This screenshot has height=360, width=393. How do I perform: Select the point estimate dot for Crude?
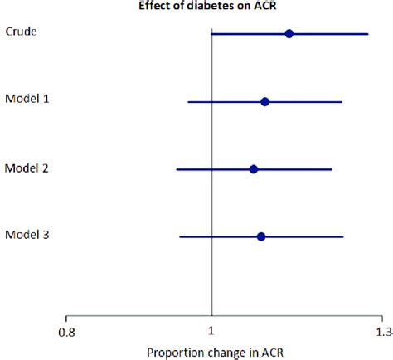pos(289,34)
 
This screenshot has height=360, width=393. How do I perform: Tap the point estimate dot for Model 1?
pos(264,102)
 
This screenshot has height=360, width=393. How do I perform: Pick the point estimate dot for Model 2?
pos(254,169)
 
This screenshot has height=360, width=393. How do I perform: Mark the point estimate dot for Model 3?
pos(261,236)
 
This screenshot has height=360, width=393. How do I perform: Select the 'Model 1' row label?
pos(27,99)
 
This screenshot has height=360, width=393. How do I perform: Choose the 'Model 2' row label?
pos(27,168)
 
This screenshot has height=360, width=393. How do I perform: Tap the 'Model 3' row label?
pos(27,235)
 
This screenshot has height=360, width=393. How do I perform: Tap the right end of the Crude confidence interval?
pos(368,34)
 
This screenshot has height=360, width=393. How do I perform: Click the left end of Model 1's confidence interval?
pos(188,102)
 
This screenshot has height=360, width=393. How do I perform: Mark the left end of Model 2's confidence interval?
pos(177,169)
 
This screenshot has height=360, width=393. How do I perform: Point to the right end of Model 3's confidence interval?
pos(342,236)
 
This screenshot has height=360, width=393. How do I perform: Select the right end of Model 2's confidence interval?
pos(332,169)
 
